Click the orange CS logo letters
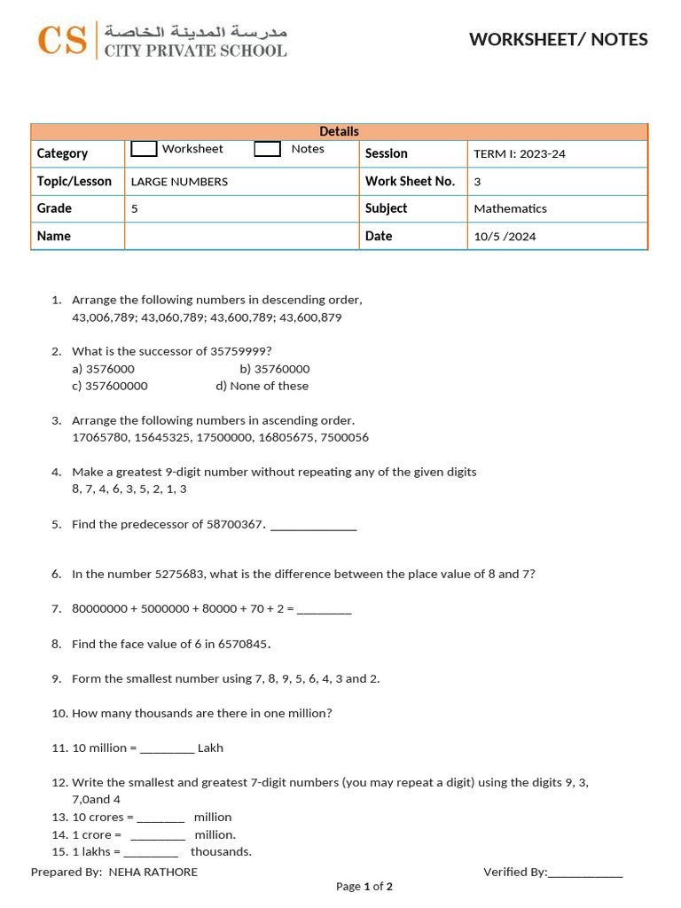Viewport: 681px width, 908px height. pos(62,40)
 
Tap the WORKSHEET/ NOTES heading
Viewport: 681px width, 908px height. pos(558,39)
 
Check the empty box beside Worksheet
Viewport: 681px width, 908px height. pos(144,149)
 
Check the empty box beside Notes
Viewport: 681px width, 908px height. pos(267,149)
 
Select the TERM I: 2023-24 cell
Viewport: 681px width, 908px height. pos(519,154)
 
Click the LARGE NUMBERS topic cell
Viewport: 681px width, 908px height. pos(179,182)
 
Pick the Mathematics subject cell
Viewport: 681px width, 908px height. pos(510,209)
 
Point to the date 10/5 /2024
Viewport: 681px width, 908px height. pos(505,237)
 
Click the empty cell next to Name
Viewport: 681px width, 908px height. pos(241,236)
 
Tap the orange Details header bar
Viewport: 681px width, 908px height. pos(339,131)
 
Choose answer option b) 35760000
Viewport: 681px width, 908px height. pos(275,369)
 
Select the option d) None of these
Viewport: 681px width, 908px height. pos(262,386)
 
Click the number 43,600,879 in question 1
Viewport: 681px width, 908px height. pos(308,317)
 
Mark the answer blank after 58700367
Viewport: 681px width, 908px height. pos(313,526)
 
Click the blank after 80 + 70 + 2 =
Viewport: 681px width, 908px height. pos(324,610)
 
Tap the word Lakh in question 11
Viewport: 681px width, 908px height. pos(210,748)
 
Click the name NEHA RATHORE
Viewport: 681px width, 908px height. pos(153,873)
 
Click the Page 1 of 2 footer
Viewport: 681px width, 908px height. pos(364,887)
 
